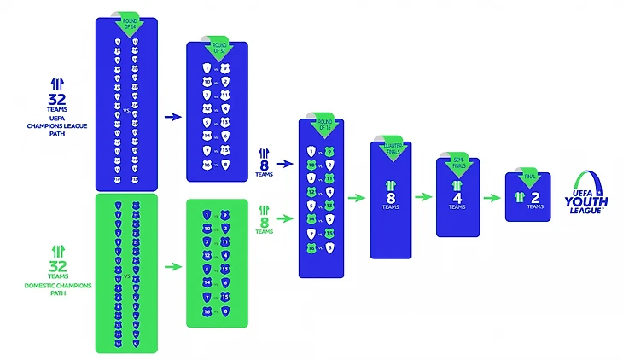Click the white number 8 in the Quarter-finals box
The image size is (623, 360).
[x=390, y=195]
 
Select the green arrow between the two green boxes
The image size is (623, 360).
[x=172, y=266]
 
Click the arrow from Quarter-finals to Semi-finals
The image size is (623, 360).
[x=422, y=196]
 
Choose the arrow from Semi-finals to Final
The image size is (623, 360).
[x=491, y=196]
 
